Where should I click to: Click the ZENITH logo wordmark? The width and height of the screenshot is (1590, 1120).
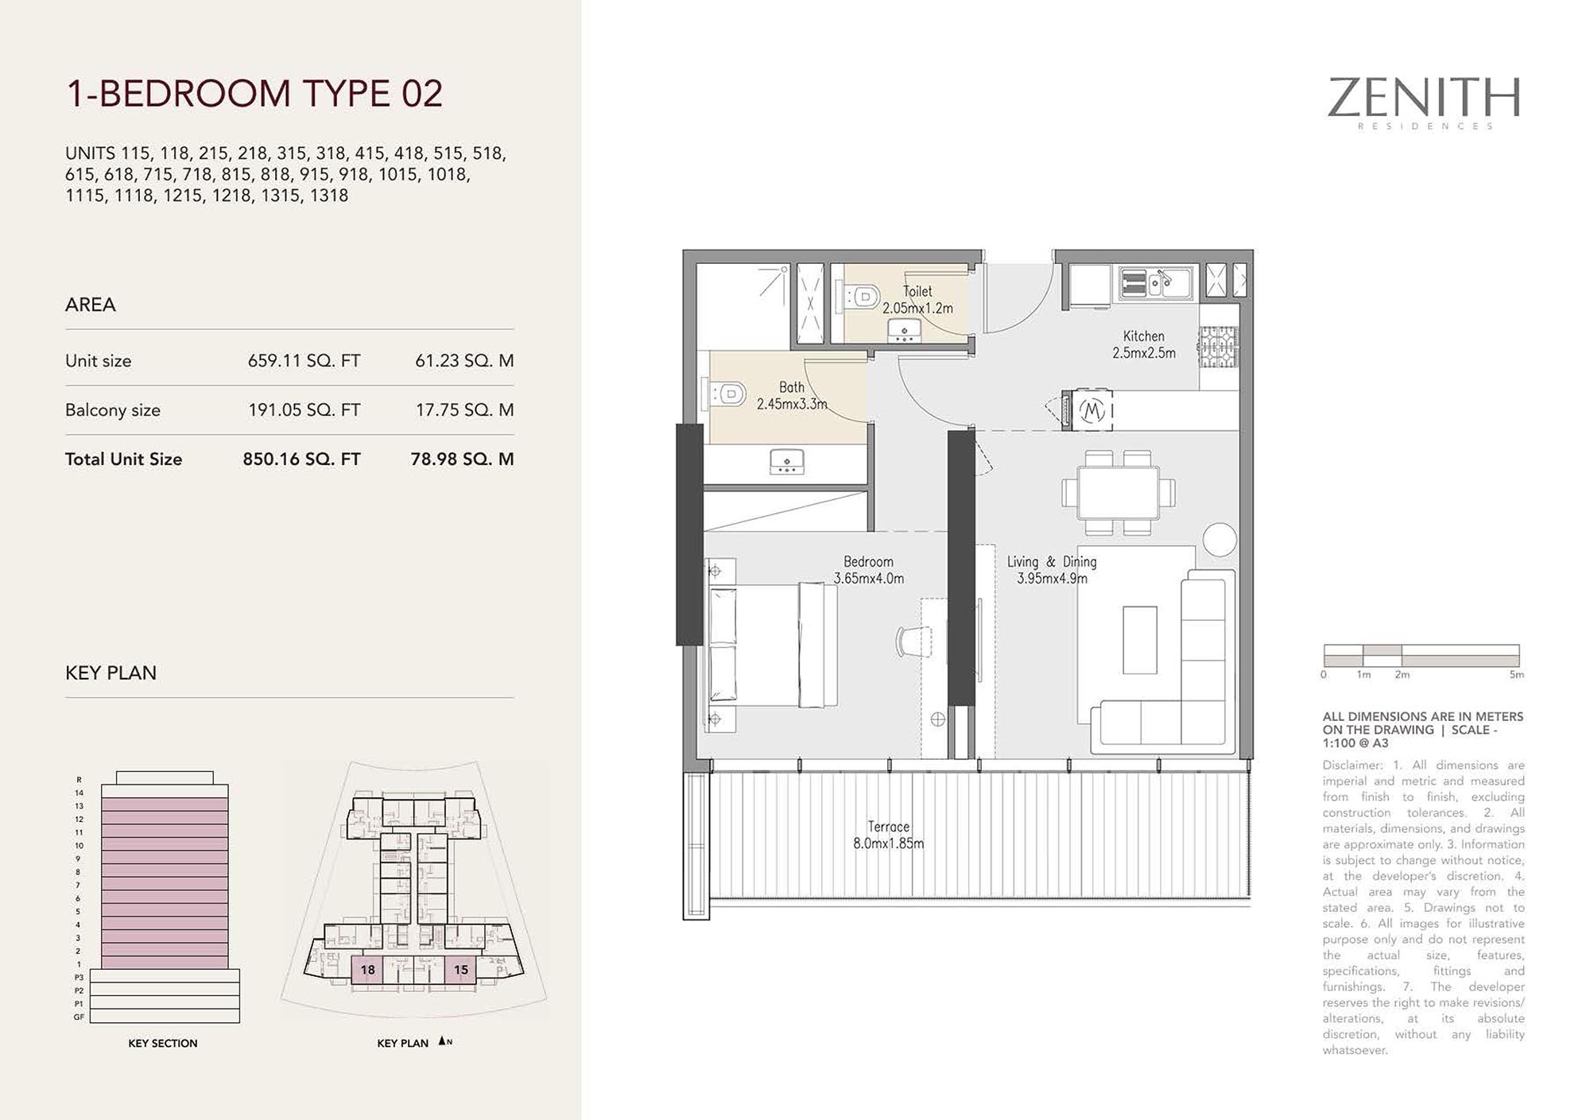[x=1424, y=98]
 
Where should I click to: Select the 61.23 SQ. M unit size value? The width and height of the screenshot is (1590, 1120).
[x=464, y=361]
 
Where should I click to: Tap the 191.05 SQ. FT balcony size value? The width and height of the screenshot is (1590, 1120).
[x=304, y=410]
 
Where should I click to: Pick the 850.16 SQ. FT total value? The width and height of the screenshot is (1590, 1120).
[x=301, y=459]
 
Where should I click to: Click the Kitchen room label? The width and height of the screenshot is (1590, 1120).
[x=1143, y=336]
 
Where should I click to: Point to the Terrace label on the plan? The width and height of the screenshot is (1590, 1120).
[x=888, y=827]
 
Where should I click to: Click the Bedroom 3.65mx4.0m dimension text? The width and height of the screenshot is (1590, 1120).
[x=868, y=579]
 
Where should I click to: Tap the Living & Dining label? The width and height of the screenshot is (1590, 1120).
[x=1052, y=562]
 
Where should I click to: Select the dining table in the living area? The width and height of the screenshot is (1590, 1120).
[x=1118, y=493]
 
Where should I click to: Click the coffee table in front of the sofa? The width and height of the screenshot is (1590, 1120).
[x=1139, y=640]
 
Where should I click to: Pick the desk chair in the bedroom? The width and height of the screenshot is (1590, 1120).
[x=913, y=641]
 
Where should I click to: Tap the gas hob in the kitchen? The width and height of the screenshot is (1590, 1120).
[x=1218, y=347]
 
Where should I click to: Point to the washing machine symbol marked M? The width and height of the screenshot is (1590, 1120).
[x=1092, y=411]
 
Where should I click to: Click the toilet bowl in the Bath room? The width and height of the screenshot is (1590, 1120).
[x=726, y=393]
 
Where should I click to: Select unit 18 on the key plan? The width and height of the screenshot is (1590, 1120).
[x=367, y=970]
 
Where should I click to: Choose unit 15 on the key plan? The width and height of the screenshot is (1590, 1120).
[x=461, y=970]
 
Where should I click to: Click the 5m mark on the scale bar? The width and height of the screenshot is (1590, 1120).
[x=1517, y=675]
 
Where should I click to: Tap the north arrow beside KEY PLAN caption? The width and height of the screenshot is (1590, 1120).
[x=442, y=1041]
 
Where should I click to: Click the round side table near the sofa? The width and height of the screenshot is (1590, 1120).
[x=1220, y=540]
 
